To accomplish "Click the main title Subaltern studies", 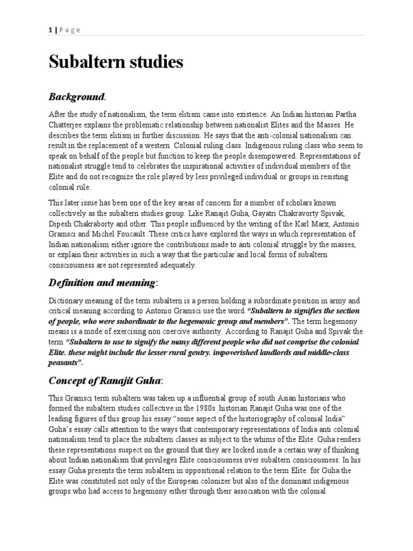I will [x=116, y=62].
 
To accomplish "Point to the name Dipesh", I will [x=61, y=222].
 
